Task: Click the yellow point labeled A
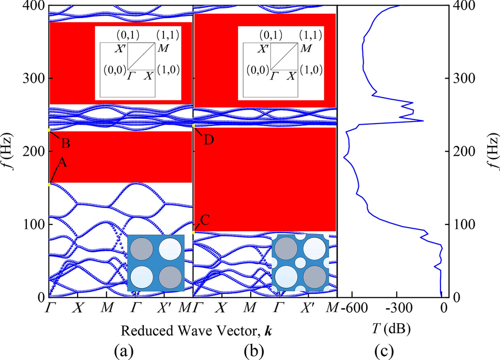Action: click(49, 184)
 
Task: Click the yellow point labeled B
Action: click(49, 130)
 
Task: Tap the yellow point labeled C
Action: click(193, 233)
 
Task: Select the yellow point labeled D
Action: click(193, 125)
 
